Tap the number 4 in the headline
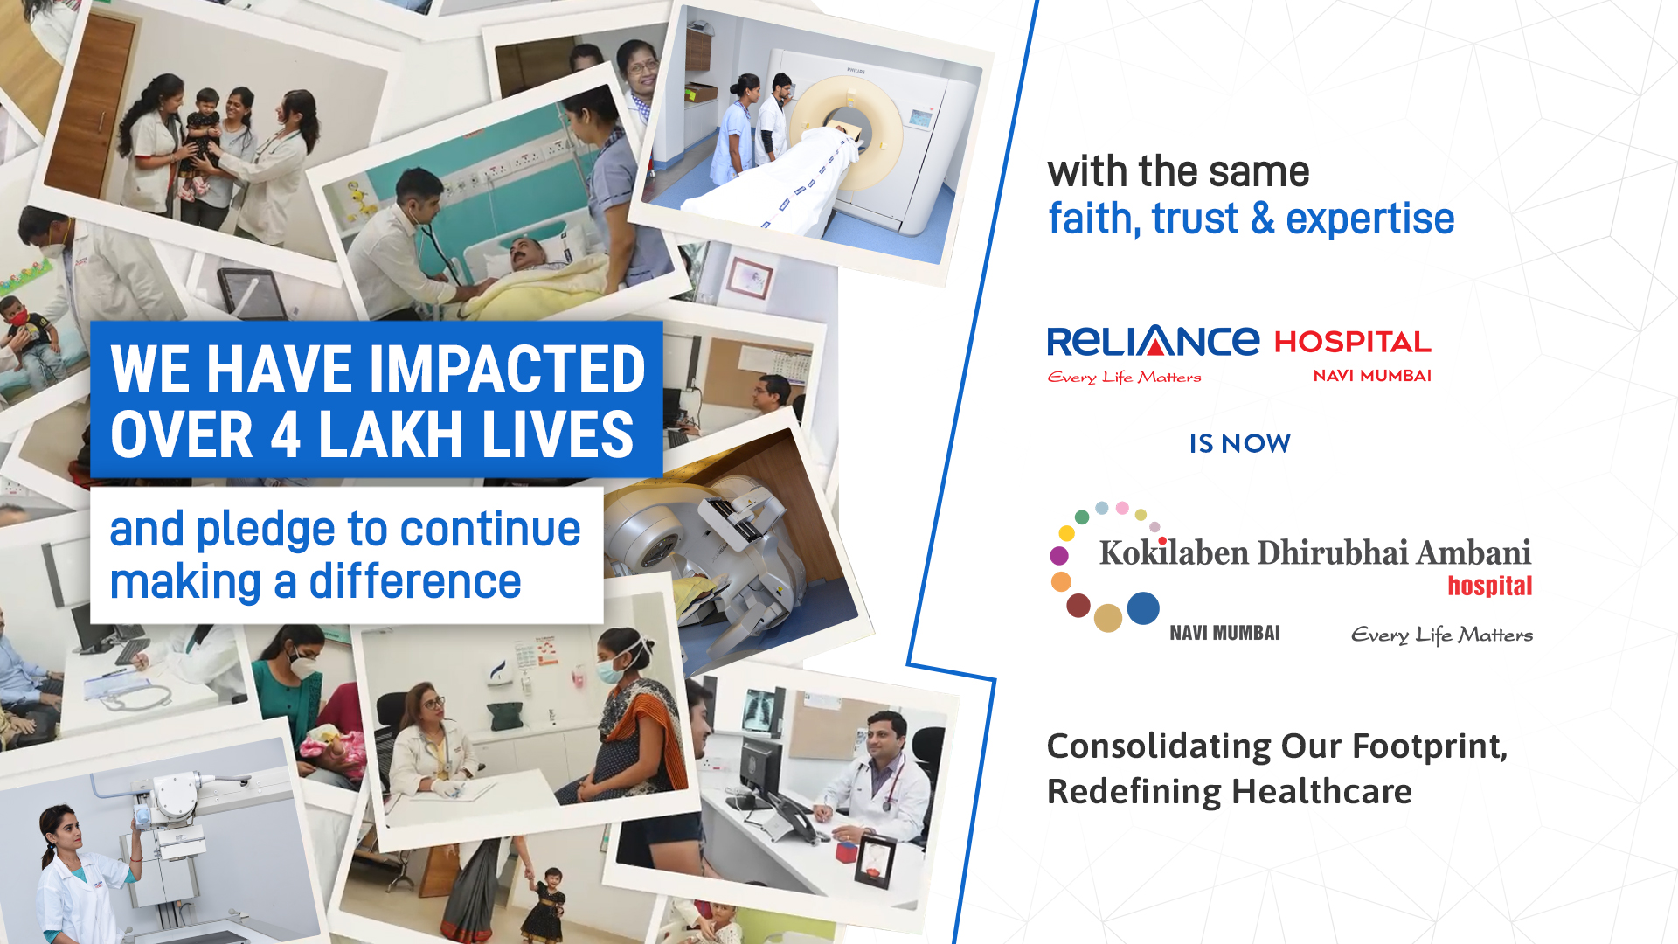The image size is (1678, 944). pos(286,434)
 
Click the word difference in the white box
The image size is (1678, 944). pos(415,581)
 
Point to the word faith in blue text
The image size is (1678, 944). pos(1094,219)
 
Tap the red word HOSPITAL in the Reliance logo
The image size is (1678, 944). pos(1353,342)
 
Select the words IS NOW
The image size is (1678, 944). pos(1239,443)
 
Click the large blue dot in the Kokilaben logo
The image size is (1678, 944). pos(1143,608)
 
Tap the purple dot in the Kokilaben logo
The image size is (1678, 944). pos(1059,555)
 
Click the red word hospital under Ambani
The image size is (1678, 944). pos(1489,586)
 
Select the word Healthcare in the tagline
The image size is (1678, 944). pos(1321,792)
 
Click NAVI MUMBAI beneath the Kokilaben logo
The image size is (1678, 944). pos(1224,633)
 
